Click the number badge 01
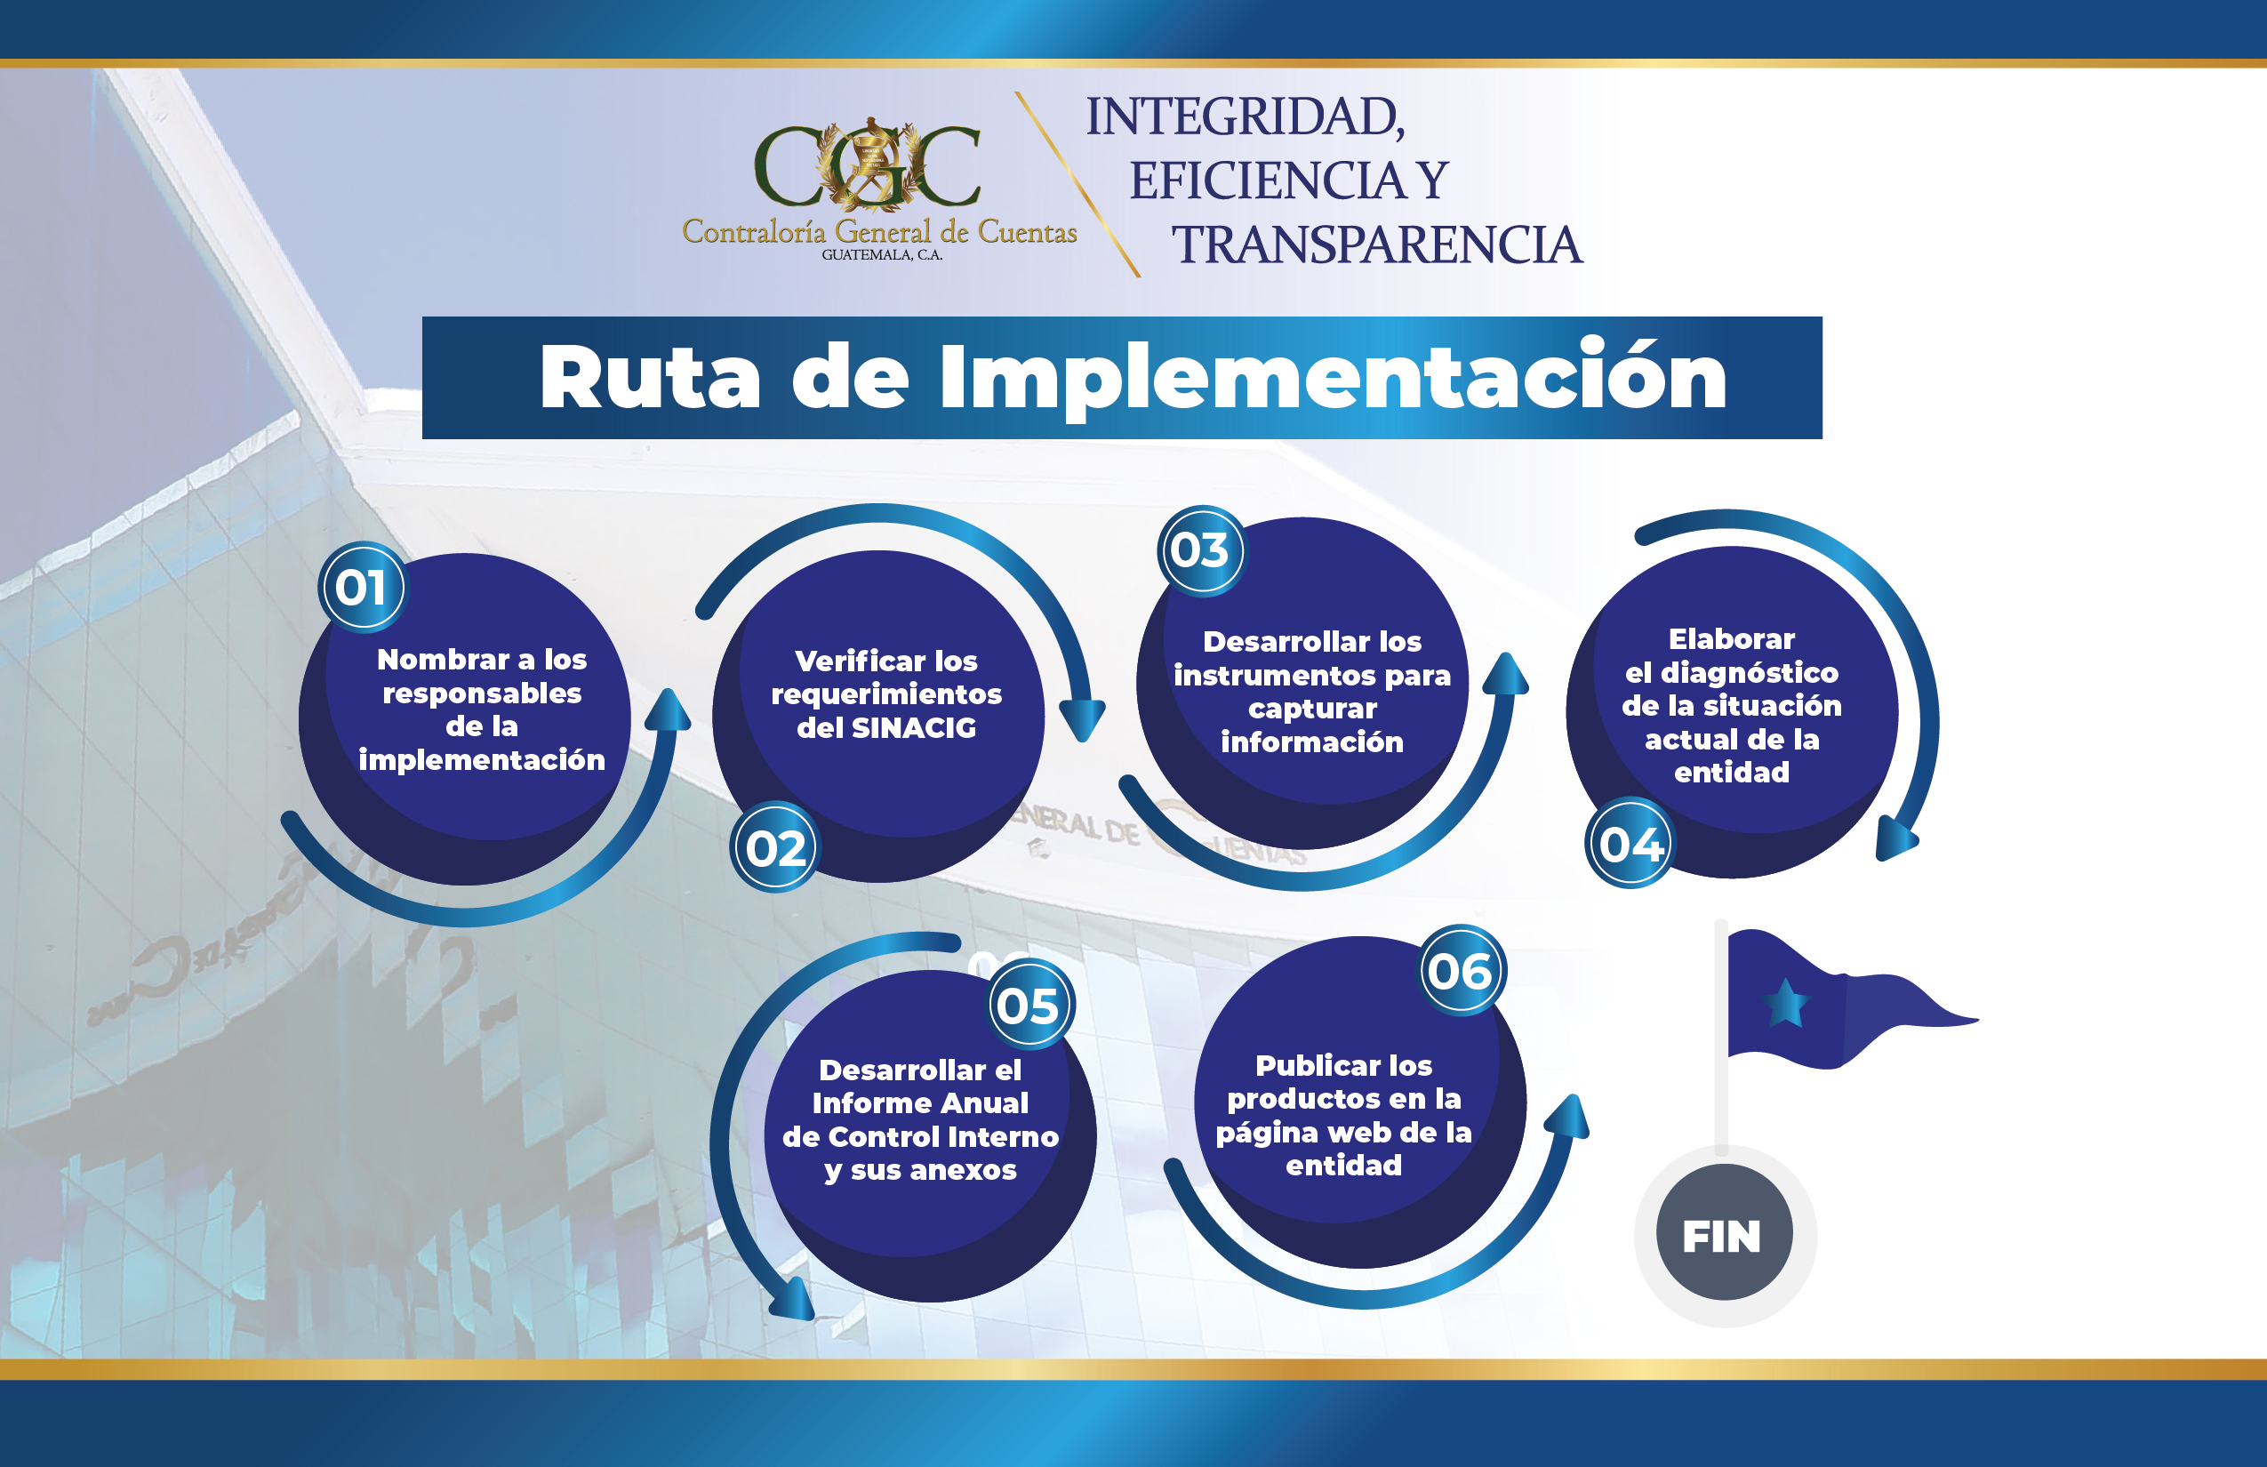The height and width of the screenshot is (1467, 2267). pos(362,587)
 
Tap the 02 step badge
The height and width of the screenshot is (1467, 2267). pos(774,846)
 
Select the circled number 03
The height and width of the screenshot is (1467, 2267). pos(1201,550)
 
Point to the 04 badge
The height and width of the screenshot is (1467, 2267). pos(1630,843)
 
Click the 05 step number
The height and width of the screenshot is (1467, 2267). pos(1029,1005)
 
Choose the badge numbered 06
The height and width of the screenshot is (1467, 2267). pos(1462,971)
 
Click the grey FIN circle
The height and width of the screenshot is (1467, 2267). pos(1724,1234)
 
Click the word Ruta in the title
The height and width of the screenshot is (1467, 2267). pos(650,377)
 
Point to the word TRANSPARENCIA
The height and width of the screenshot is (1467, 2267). pos(1376,244)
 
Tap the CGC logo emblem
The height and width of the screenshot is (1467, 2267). pos(868,164)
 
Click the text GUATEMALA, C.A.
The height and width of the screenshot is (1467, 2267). pos(882,255)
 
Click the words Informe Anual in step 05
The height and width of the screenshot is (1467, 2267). pos(920,1103)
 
